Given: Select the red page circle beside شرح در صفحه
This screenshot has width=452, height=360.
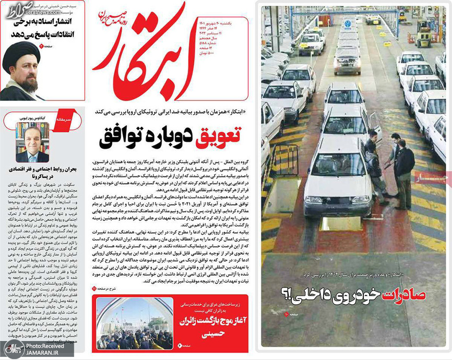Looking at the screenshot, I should [94, 287].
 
